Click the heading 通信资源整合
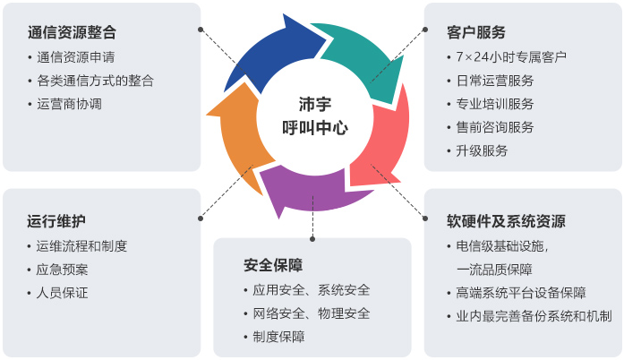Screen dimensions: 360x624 (x=72, y=33)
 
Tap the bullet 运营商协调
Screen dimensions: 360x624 (x=69, y=103)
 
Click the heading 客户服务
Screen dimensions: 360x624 (x=476, y=33)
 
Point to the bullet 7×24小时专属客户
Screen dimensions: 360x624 (x=510, y=57)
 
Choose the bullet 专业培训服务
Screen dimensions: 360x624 (x=494, y=103)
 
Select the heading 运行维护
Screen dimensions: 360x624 (x=56, y=221)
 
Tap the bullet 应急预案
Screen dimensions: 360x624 (x=63, y=269)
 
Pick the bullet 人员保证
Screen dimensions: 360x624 (x=63, y=292)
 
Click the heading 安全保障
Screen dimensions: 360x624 (x=273, y=266)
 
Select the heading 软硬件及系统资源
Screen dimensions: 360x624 (x=506, y=221)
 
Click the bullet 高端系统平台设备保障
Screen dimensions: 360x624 (x=520, y=292)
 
